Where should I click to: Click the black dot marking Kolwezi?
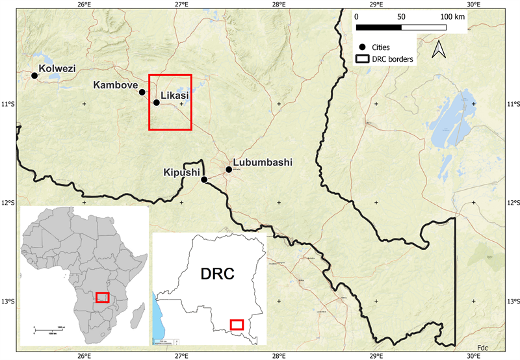34,76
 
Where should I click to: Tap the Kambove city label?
115,85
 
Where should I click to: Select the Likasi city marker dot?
157,103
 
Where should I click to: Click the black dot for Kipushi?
204,180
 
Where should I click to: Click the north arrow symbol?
438,48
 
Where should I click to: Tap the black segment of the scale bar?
379,27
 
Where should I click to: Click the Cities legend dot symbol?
361,47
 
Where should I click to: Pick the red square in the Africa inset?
102,297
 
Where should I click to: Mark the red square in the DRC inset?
237,324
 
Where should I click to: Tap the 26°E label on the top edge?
83,5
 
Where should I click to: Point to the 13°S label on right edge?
513,302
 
